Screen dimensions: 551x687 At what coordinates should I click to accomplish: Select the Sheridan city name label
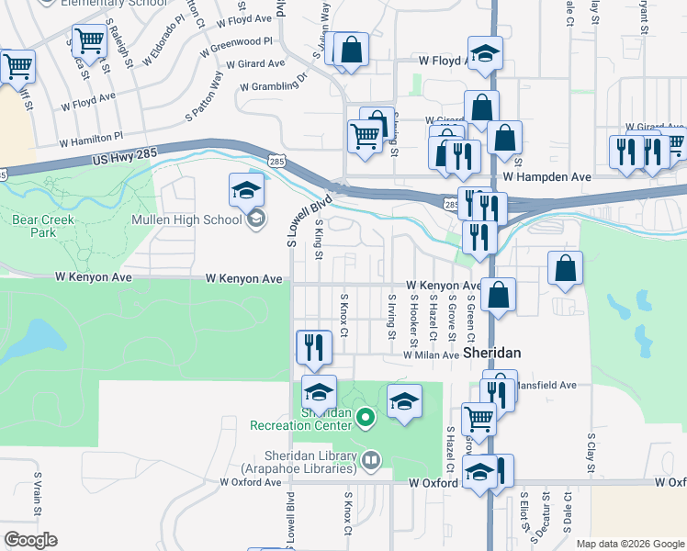tap(492, 353)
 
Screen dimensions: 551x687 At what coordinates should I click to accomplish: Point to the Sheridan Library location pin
tap(371, 458)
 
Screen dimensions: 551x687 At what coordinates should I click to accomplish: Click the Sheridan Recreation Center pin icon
tap(366, 420)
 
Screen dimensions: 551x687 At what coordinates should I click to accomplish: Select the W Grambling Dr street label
tap(273, 86)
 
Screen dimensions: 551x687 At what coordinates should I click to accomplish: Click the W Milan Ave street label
tap(432, 354)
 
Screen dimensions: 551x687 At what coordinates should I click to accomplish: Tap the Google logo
tap(30, 540)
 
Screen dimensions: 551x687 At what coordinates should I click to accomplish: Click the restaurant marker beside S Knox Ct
tap(314, 347)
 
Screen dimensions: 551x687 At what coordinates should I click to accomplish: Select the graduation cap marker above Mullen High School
tap(247, 190)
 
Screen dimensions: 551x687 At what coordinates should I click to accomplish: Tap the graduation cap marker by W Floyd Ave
tap(485, 53)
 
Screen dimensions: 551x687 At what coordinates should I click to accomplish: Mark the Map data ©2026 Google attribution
tap(630, 544)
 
